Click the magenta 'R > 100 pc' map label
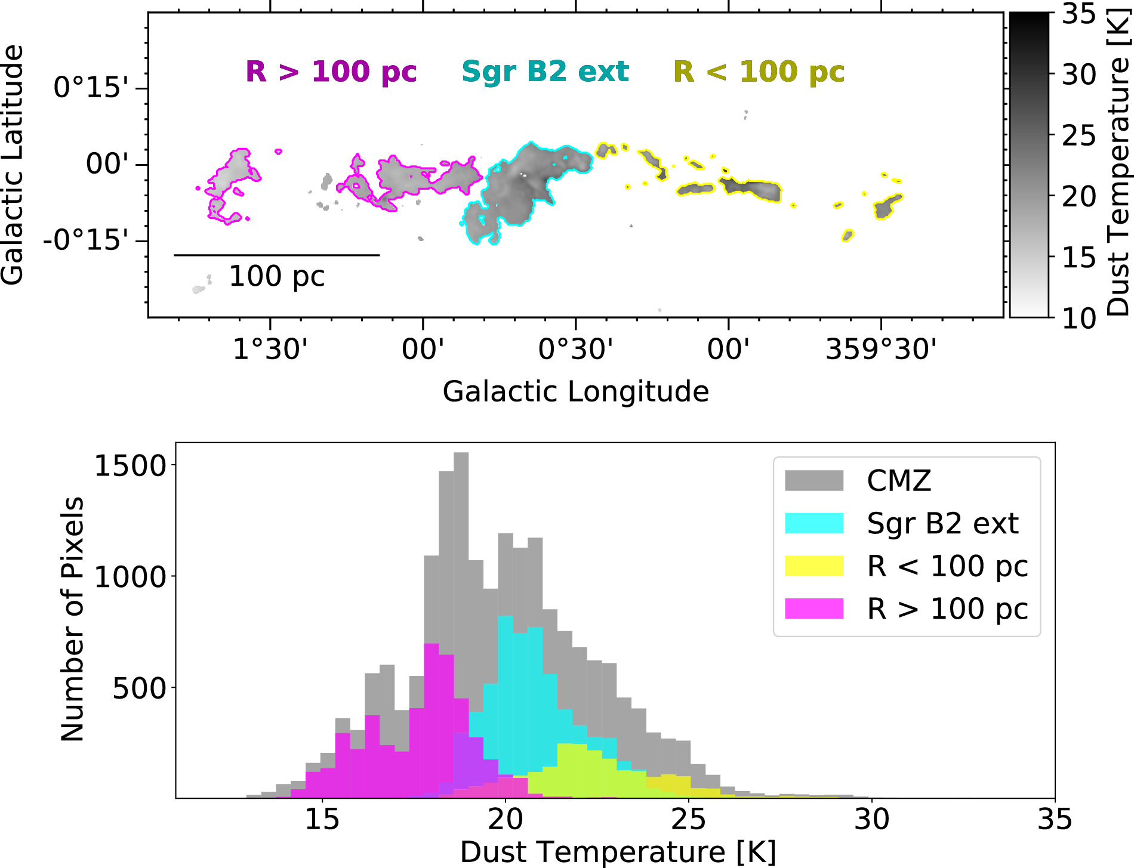pyautogui.click(x=331, y=72)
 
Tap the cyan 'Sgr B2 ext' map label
pyautogui.click(x=545, y=72)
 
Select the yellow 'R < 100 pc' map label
pyautogui.click(x=759, y=72)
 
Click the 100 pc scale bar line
pyautogui.click(x=276, y=255)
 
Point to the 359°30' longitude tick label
pyautogui.click(x=880, y=349)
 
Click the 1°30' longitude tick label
pyautogui.click(x=270, y=349)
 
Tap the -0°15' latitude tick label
pyautogui.click(x=85, y=241)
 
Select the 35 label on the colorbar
pyautogui.click(x=1079, y=13)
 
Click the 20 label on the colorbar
pyautogui.click(x=1079, y=196)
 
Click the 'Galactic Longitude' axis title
pyautogui.click(x=575, y=392)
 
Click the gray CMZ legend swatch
pyautogui.click(x=813, y=480)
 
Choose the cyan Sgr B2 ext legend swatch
pyautogui.click(x=813, y=523)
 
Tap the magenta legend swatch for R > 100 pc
pyautogui.click(x=813, y=608)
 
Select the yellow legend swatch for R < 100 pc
pyautogui.click(x=813, y=566)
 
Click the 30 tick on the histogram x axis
pyautogui.click(x=871, y=820)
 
